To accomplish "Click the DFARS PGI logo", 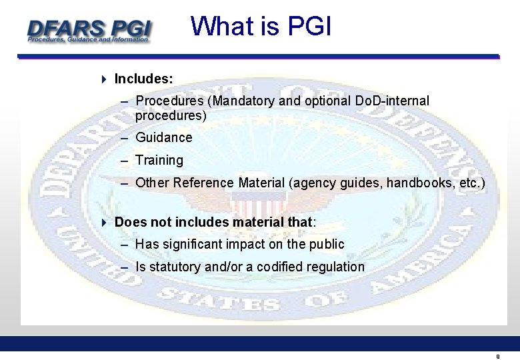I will [x=89, y=30].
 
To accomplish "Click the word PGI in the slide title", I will [x=309, y=27].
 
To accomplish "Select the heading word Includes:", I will [x=143, y=79].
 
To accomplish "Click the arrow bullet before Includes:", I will [x=104, y=79].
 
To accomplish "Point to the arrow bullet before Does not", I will [x=104, y=222].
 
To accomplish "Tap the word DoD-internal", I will [x=393, y=101].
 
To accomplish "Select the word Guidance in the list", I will [x=163, y=137].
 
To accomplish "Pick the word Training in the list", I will [x=159, y=160].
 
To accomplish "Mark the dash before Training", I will [x=125, y=161].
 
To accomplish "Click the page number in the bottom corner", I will [x=497, y=357].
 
